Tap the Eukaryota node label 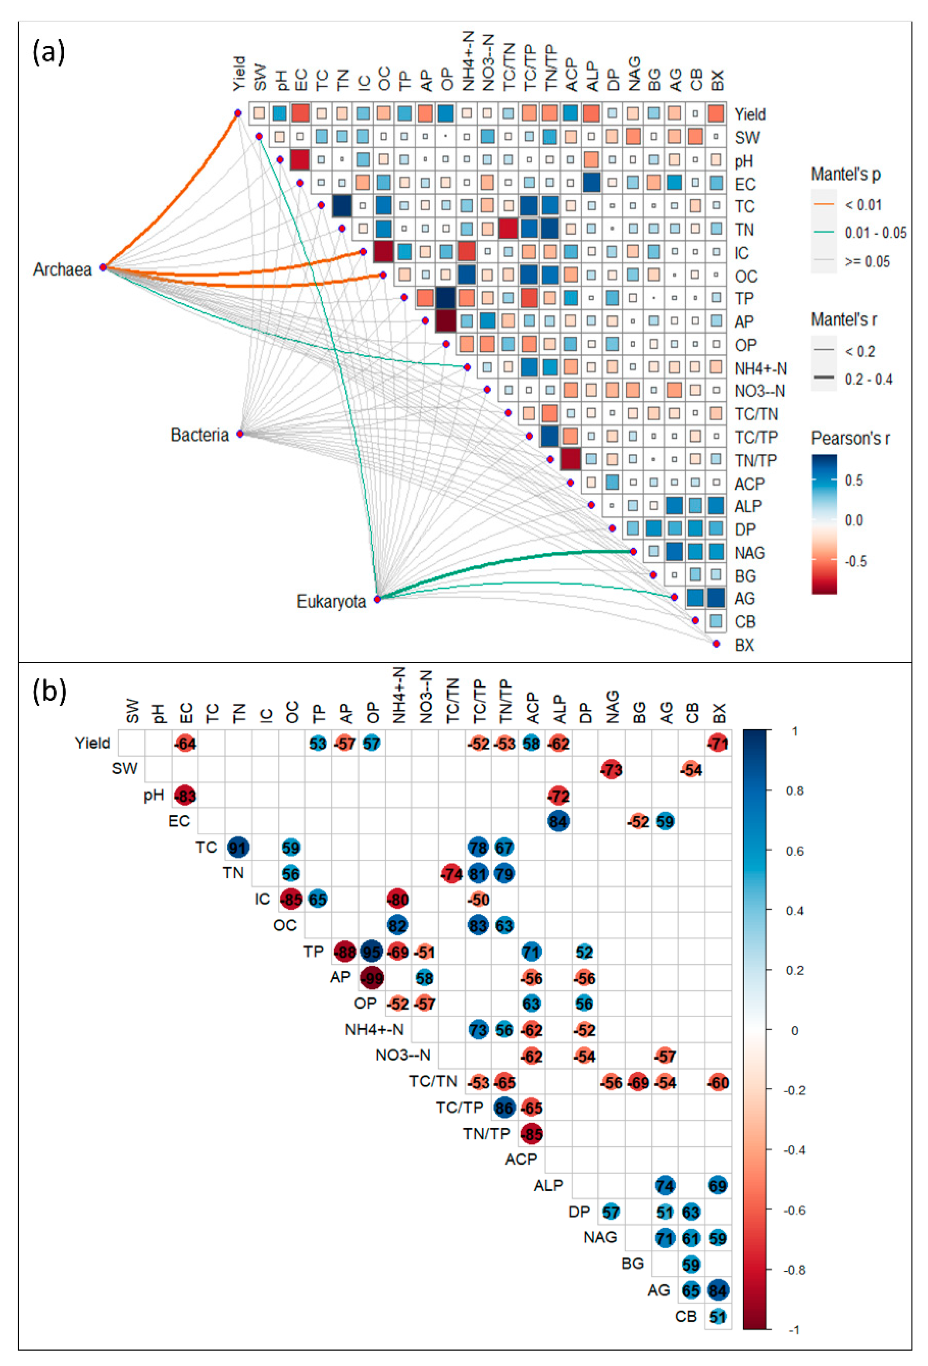[331, 601]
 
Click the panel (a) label [49, 53]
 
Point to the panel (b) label [49, 691]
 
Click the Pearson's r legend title [850, 438]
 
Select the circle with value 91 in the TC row [238, 847]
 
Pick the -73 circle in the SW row [611, 769]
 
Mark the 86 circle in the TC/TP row [504, 1108]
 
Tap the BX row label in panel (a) [744, 645]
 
